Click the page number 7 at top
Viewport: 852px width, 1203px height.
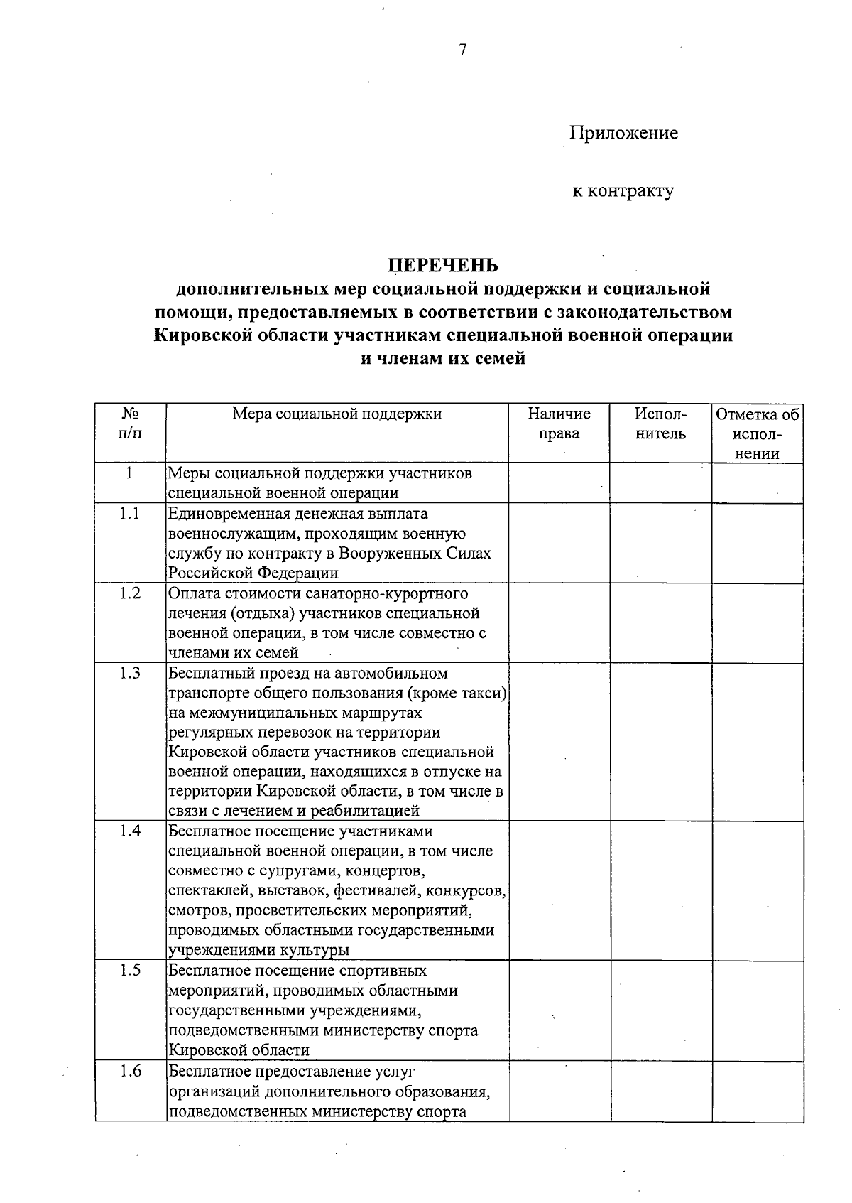pyautogui.click(x=462, y=50)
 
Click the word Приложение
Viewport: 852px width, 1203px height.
pyautogui.click(x=623, y=133)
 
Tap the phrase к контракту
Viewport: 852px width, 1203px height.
pyautogui.click(x=623, y=190)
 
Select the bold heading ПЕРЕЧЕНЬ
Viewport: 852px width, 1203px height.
pyautogui.click(x=443, y=265)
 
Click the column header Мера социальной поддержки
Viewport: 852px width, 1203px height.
pyautogui.click(x=337, y=414)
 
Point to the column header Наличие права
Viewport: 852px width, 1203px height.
pyautogui.click(x=559, y=424)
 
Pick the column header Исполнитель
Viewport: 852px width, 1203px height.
pyautogui.click(x=660, y=424)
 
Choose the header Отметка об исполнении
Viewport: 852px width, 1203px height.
pyautogui.click(x=758, y=433)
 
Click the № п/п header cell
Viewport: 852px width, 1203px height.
pyautogui.click(x=130, y=424)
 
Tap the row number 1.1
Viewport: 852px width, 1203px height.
pyautogui.click(x=130, y=514)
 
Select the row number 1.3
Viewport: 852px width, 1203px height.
pyautogui.click(x=130, y=673)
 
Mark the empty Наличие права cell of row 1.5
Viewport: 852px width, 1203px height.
pyautogui.click(x=559, y=1011)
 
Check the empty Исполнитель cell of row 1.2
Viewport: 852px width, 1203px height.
pyautogui.click(x=660, y=623)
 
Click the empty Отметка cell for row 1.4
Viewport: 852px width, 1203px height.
pyautogui.click(x=758, y=891)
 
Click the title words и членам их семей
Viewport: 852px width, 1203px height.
pyautogui.click(x=443, y=359)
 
